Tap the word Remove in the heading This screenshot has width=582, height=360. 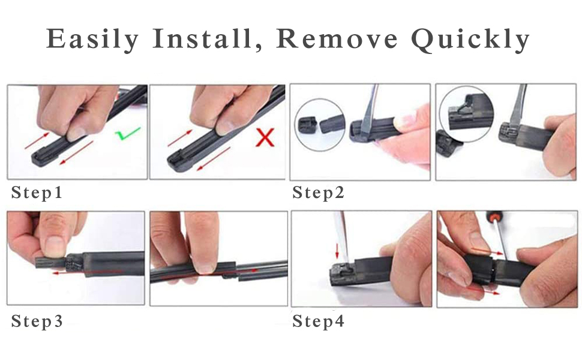338,40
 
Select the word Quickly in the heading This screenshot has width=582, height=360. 470,40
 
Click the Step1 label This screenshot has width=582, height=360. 37,193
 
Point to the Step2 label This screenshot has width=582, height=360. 318,193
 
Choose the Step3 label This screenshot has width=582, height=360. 37,322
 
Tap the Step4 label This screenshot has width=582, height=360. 318,322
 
